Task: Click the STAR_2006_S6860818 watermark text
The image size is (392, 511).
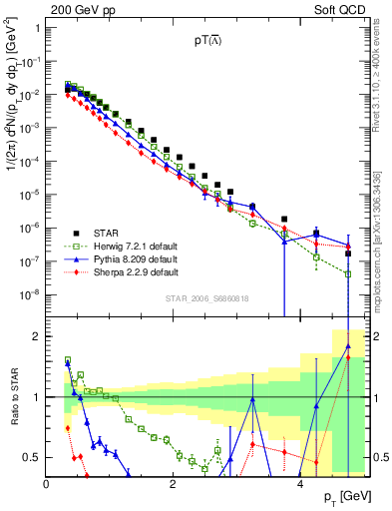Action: pos(205,298)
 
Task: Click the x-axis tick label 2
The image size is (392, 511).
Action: pos(174,483)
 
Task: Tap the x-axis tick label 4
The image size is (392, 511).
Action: pos(300,483)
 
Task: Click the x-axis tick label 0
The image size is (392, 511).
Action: pos(47,483)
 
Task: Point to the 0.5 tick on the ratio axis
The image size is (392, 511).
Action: pos(32,457)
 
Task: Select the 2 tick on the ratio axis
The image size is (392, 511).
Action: pos(37,336)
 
